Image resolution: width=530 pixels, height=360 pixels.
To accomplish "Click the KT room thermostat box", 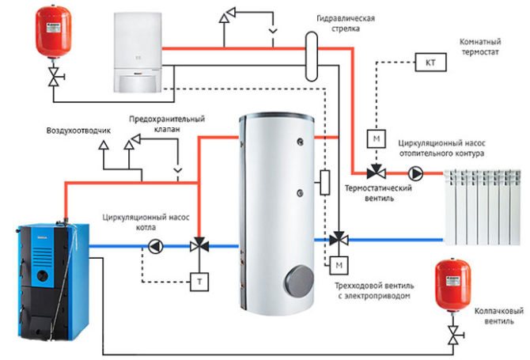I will pyautogui.click(x=430, y=61).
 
